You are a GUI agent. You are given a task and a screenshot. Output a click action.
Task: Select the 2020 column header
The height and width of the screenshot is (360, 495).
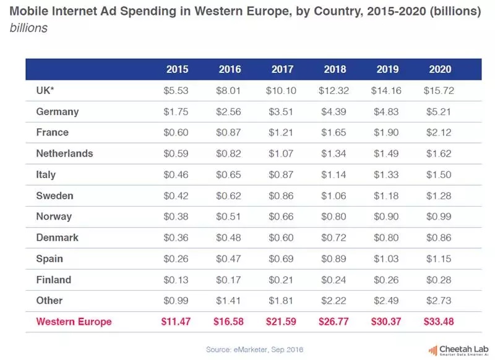click(440, 69)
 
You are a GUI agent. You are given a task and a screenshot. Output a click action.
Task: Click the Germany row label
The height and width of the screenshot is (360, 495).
click(58, 111)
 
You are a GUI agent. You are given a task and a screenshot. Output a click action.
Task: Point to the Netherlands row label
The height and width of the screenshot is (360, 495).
click(64, 153)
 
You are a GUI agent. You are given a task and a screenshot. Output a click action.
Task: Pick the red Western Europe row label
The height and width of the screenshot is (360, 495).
click(74, 321)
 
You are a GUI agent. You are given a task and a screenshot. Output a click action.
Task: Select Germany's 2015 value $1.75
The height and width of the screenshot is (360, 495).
click(176, 111)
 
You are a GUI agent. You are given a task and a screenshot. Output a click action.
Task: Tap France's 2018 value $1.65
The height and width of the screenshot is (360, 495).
click(334, 132)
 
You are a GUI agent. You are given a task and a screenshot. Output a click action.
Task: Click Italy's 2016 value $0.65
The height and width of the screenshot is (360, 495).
click(228, 174)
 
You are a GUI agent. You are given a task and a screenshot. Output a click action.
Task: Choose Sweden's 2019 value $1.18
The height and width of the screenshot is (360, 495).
click(387, 195)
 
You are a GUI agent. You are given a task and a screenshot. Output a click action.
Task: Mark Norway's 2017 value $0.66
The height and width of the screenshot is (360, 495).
click(281, 216)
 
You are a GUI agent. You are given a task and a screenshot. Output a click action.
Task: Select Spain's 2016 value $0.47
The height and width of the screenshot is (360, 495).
click(228, 259)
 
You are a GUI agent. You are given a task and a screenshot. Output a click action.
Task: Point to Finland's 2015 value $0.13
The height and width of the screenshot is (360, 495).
click(176, 280)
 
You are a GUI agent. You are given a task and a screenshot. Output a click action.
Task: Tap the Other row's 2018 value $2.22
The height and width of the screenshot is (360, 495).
click(334, 301)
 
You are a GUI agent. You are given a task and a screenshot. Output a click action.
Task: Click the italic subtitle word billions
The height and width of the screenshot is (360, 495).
click(29, 28)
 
